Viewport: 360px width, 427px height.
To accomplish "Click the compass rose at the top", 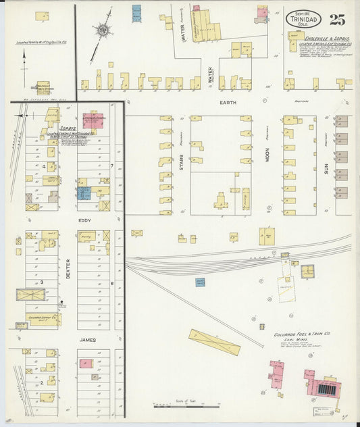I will click(103, 30).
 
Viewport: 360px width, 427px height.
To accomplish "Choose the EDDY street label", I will click(84, 220).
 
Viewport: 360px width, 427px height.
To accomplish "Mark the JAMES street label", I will click(87, 340).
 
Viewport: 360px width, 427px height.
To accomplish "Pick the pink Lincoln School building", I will click(93, 120).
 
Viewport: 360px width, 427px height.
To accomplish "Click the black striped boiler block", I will click(330, 390).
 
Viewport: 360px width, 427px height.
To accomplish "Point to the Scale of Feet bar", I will click(176, 406).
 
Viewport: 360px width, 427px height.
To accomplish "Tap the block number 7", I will click(111, 165).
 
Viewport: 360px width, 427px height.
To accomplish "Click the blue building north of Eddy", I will click(84, 193).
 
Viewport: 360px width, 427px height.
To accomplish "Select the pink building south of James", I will click(86, 363).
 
